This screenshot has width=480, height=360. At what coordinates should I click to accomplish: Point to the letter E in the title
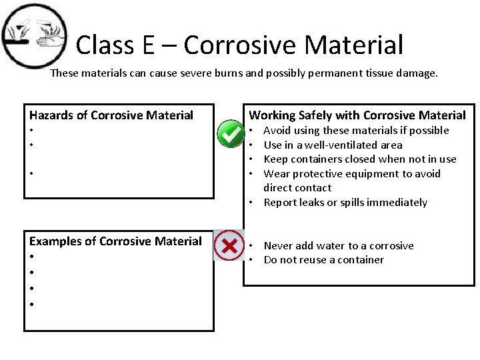(148, 45)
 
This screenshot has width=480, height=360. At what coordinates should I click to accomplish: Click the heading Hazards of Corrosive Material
(111, 115)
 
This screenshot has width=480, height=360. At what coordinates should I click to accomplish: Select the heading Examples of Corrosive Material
(115, 241)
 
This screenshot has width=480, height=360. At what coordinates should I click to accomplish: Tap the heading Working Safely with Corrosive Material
(357, 115)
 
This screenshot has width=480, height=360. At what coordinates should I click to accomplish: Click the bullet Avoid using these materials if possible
(356, 131)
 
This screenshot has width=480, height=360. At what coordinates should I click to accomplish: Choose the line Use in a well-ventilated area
(333, 145)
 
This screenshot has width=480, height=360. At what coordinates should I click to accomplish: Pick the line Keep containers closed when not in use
(360, 159)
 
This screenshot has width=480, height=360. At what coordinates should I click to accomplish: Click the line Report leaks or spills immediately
(345, 203)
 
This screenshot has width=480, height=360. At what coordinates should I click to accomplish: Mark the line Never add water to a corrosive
(339, 246)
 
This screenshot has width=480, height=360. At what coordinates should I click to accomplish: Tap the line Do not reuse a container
(323, 260)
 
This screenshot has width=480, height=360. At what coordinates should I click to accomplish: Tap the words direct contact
(297, 188)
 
